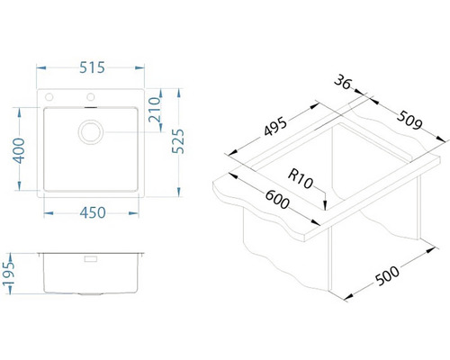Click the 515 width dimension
(92, 67)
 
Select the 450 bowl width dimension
(93, 212)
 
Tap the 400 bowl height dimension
(19, 150)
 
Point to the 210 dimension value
(155, 109)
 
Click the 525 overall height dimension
(178, 141)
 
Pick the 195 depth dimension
(8, 274)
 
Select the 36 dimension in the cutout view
(342, 82)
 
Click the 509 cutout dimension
(409, 121)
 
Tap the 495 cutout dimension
(275, 126)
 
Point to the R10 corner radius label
(301, 179)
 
